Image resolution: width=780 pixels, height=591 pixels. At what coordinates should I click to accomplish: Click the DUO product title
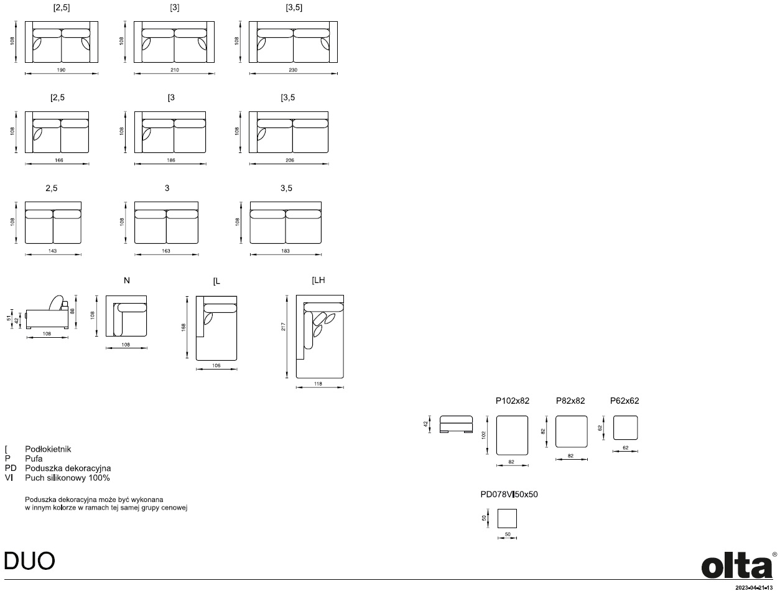29,561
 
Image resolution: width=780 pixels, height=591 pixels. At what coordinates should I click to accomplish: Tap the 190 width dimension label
61,70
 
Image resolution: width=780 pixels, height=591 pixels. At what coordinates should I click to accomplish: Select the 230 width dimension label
293,70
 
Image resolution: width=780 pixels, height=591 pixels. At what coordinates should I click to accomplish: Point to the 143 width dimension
52,251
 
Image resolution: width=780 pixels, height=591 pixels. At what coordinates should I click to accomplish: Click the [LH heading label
318,280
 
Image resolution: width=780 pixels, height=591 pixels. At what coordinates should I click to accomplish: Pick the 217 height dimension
283,327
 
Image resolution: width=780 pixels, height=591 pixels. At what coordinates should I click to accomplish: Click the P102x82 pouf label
513,401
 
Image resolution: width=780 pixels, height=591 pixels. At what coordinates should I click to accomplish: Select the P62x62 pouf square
625,428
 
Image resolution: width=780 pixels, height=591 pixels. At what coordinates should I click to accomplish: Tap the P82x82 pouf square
572,432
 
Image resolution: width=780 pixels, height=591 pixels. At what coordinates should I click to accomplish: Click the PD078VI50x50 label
509,495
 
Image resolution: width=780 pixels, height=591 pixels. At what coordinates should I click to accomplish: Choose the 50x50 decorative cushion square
507,518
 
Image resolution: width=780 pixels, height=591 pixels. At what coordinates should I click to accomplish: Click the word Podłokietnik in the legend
48,449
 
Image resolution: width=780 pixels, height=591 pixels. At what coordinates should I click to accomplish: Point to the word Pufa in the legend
34,458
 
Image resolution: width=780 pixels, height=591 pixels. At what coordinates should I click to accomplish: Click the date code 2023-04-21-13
754,588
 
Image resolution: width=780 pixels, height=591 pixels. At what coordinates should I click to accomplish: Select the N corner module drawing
126,316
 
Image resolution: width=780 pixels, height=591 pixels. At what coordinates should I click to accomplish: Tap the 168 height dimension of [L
183,327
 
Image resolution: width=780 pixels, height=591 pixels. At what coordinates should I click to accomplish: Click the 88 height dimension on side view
73,311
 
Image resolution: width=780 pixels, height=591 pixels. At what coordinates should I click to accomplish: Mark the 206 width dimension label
290,161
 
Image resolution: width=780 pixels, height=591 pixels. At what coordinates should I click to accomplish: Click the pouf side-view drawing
457,424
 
